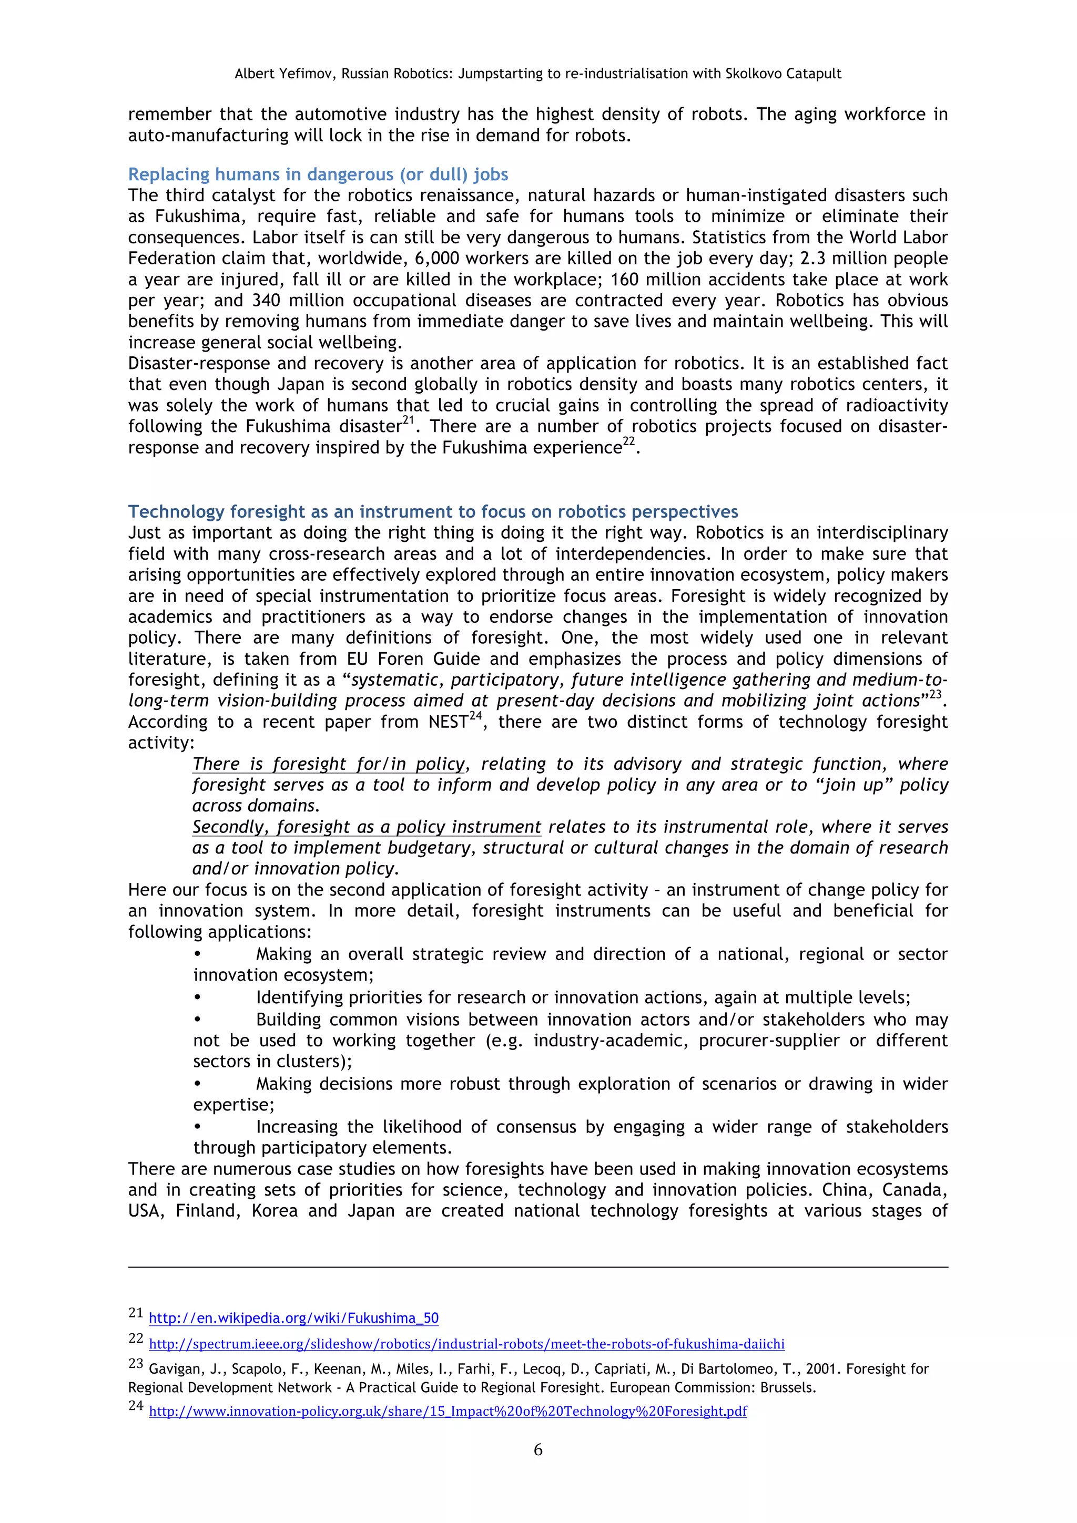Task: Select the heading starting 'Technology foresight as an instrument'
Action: coord(433,511)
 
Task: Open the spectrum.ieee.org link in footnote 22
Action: coord(466,1343)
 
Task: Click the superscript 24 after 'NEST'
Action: coord(474,716)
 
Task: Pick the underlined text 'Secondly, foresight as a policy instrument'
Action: coord(367,827)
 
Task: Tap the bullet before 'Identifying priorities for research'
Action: coord(197,997)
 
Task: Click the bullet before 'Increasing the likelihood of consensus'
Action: coord(197,1126)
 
